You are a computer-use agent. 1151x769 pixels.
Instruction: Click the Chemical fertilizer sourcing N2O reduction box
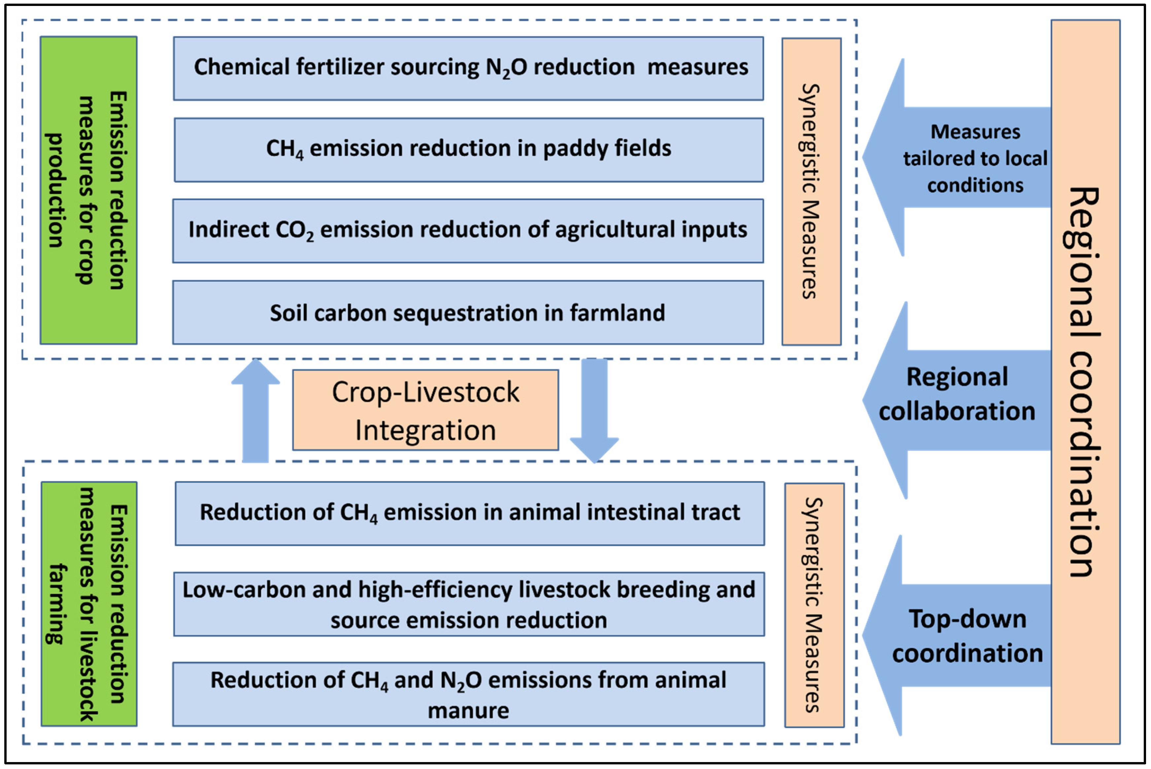468,68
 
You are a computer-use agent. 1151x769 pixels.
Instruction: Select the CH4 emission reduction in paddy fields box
468,150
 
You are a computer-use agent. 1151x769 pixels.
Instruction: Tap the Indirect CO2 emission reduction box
468,230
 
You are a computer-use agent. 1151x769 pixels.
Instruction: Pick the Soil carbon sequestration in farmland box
468,313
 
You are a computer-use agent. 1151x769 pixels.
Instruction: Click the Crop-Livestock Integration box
425,410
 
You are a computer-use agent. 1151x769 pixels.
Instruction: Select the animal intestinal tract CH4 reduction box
469,513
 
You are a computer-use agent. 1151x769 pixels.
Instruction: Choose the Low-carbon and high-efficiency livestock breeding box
468,604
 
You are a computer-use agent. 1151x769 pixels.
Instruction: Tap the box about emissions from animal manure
468,694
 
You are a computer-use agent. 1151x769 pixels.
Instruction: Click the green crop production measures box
88,190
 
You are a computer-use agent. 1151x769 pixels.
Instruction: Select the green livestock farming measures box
89,604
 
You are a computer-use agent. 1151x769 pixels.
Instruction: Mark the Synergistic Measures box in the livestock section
814,605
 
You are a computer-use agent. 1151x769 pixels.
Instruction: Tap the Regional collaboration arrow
956,400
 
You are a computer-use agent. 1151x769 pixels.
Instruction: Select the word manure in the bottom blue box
468,711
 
